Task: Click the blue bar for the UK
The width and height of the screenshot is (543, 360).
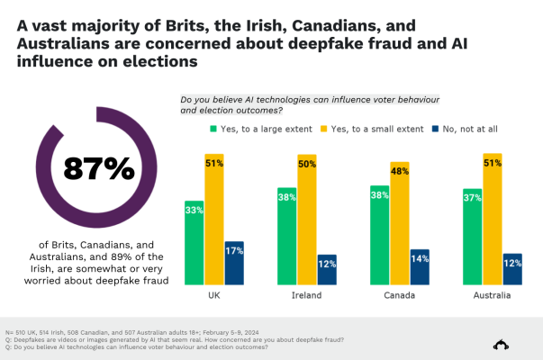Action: pyautogui.click(x=233, y=263)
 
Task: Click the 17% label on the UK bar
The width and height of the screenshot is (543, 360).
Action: pyautogui.click(x=233, y=249)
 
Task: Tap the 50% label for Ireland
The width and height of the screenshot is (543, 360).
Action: pyautogui.click(x=307, y=163)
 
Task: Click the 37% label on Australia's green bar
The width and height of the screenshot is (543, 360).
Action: pyautogui.click(x=472, y=195)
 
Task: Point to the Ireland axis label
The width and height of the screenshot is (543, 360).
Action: pyautogui.click(x=307, y=294)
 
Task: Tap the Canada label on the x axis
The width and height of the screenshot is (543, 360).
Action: pyautogui.click(x=400, y=294)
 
